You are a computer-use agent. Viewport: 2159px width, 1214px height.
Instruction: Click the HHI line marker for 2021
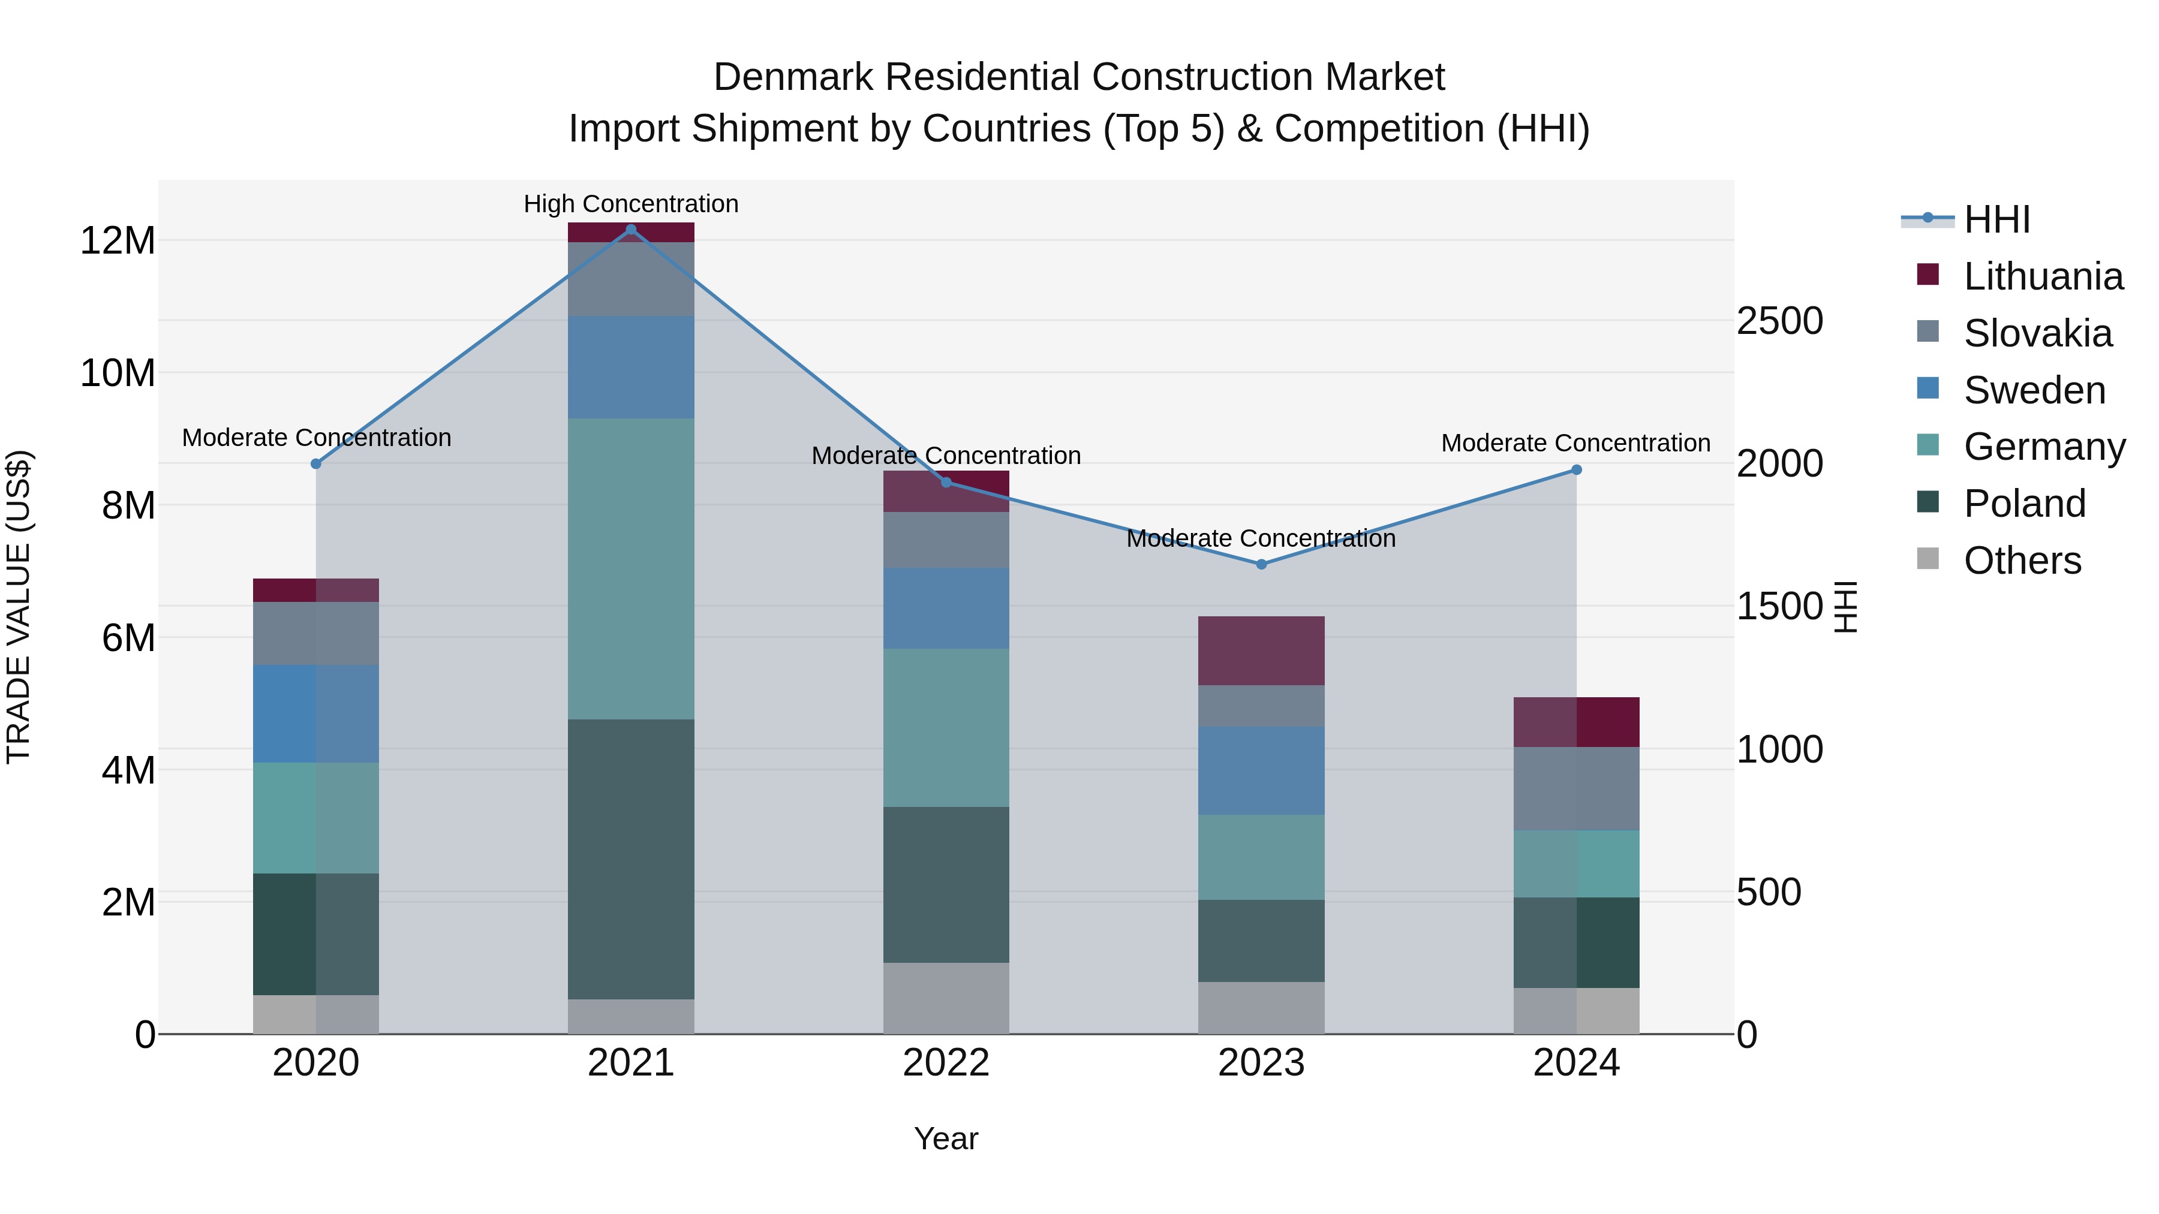pyautogui.click(x=631, y=229)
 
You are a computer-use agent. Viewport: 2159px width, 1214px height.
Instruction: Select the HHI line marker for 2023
pyautogui.click(x=1261, y=564)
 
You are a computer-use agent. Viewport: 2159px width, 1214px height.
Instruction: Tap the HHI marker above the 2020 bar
pyautogui.click(x=316, y=463)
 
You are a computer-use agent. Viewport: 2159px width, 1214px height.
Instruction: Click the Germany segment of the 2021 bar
pyautogui.click(x=631, y=568)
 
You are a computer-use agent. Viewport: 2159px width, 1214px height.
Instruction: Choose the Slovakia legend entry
pyautogui.click(x=2037, y=333)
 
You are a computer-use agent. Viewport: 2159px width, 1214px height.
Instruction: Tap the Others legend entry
pyautogui.click(x=2022, y=561)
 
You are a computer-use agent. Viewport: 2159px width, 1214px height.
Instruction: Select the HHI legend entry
pyautogui.click(x=1996, y=219)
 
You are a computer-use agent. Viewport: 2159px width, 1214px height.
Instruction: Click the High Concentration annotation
pyautogui.click(x=631, y=204)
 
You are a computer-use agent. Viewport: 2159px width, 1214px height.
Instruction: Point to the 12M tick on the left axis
pyautogui.click(x=118, y=241)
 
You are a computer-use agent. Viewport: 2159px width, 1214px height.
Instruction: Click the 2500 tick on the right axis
pyautogui.click(x=1779, y=321)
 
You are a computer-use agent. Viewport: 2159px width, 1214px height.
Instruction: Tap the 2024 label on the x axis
pyautogui.click(x=1575, y=1063)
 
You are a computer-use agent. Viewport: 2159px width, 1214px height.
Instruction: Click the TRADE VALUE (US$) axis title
pyautogui.click(x=19, y=607)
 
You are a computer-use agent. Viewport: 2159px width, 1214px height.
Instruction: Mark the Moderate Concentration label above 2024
pyautogui.click(x=1575, y=442)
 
